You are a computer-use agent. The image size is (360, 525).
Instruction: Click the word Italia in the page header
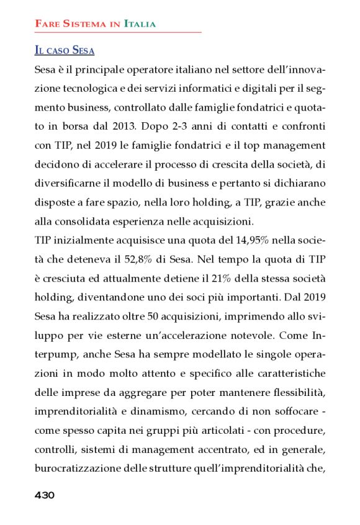(x=140, y=24)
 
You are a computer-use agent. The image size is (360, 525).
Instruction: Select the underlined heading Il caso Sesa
(x=65, y=50)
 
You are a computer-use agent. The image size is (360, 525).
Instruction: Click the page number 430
(x=45, y=495)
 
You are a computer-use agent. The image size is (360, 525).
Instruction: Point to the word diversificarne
(x=67, y=184)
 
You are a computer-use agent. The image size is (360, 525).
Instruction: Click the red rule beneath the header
(x=118, y=32)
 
